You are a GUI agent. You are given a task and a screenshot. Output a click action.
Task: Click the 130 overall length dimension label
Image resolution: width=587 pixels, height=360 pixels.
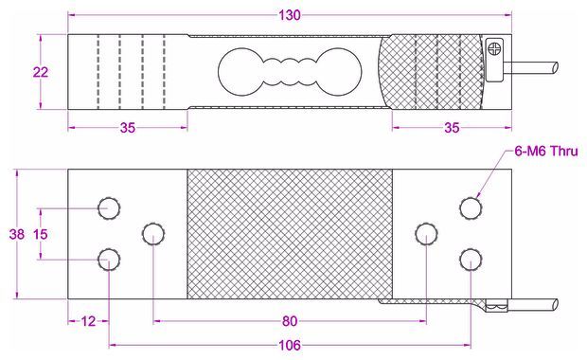coord(290,15)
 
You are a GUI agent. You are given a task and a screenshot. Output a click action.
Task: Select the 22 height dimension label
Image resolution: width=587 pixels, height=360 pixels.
coord(41,72)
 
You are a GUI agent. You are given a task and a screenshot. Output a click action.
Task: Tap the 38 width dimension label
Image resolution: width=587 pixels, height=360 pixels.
coord(17,235)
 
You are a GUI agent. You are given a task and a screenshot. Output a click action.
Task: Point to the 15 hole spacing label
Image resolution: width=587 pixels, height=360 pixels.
coord(41,235)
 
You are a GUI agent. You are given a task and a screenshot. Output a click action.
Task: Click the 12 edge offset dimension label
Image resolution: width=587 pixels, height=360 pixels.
coord(88,321)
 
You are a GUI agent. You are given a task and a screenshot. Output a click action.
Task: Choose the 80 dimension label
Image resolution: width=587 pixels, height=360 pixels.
coord(290,321)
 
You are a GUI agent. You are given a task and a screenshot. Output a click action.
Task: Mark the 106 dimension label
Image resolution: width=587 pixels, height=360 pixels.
coord(290,345)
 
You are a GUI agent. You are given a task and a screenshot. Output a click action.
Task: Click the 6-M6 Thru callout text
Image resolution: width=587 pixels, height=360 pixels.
coord(546,152)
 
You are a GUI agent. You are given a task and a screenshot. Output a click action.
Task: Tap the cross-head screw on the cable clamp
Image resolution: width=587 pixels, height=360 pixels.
coord(495,48)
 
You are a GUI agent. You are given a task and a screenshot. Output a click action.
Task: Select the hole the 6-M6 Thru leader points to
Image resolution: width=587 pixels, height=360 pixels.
coord(471,208)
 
